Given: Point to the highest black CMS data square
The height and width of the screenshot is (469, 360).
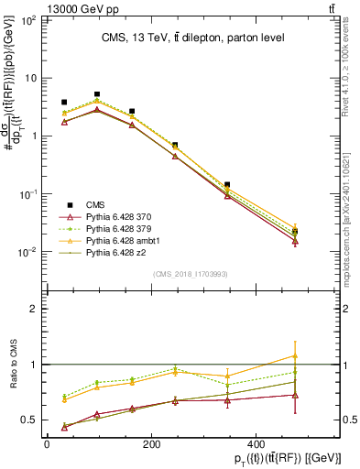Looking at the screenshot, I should tap(97, 94).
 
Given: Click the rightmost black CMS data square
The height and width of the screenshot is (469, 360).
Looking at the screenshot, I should tap(294, 232).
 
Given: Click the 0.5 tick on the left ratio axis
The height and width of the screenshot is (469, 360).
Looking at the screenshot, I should tap(27, 420).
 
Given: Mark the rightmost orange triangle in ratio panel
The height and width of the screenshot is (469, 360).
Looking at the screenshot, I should tap(294, 355).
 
